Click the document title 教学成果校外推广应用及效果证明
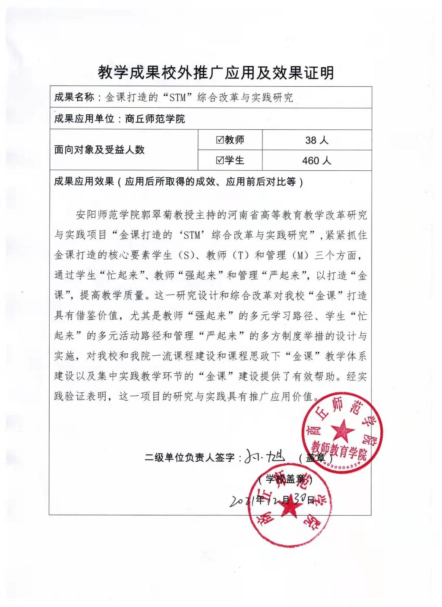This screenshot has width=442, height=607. (216, 72)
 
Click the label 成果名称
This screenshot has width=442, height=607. (74, 97)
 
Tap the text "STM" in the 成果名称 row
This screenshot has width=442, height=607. (177, 97)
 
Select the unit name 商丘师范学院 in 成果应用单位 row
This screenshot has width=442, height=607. (155, 119)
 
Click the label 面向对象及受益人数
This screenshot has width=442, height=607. (99, 150)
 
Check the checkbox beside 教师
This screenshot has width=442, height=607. (219, 140)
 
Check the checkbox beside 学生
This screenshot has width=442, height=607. (219, 160)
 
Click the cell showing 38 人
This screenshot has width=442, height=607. (317, 140)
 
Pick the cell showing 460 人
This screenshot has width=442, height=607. (317, 161)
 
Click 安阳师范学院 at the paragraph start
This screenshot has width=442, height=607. (101, 215)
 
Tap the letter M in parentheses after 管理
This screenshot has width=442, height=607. (300, 256)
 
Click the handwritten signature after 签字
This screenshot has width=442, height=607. (268, 456)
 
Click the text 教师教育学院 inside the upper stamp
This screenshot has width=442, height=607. (339, 449)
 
